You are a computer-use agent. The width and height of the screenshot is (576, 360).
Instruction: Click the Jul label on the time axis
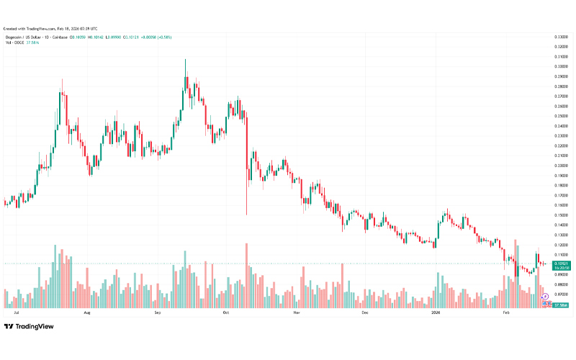(x=16, y=313)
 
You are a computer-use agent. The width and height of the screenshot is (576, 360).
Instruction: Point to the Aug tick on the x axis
(x=87, y=313)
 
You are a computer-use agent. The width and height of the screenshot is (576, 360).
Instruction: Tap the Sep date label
(x=157, y=313)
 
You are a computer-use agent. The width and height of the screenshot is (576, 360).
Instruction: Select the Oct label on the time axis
(x=225, y=313)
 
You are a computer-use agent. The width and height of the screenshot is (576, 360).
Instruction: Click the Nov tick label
(x=296, y=313)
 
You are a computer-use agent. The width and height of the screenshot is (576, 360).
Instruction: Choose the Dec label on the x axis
(x=364, y=313)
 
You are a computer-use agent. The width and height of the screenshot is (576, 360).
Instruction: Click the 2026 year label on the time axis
(x=435, y=313)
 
